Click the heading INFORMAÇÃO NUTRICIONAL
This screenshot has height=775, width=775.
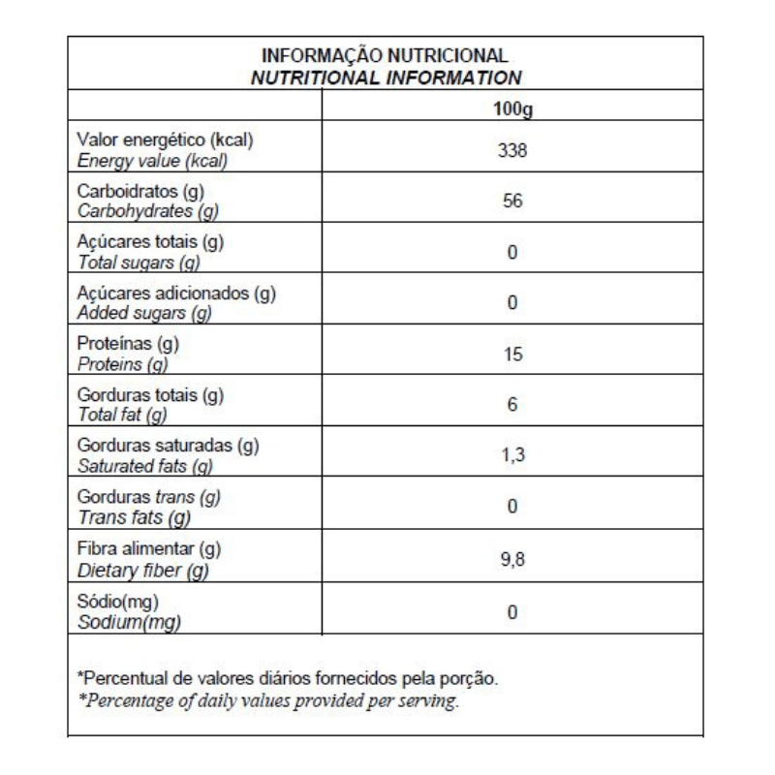[x=386, y=57]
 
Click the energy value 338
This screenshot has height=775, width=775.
[x=512, y=152]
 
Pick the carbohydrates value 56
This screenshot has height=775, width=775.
[x=512, y=202]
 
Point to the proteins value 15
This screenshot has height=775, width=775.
[x=512, y=355]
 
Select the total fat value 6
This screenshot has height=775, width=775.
[x=512, y=406]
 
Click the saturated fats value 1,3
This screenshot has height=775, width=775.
[x=512, y=456]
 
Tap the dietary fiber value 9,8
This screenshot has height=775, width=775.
[x=512, y=558]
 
